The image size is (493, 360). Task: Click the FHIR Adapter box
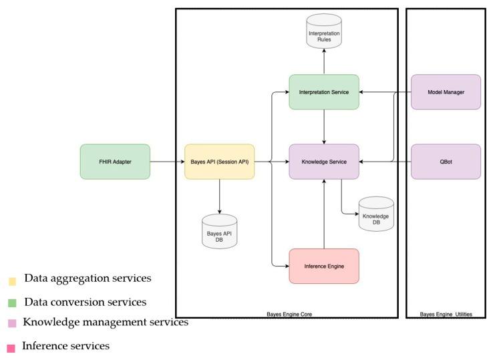115,162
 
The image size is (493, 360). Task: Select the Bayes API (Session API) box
220,162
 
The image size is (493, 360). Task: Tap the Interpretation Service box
324,92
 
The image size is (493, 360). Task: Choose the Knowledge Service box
324,162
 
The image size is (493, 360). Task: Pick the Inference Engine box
324,266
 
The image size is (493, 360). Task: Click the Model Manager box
446,92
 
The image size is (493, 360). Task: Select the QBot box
446,162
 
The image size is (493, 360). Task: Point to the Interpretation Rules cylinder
324,31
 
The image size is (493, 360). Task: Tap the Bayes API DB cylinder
220,231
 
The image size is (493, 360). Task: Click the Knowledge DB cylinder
376,214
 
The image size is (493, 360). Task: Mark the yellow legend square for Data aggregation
12,281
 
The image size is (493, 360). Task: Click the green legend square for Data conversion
12,303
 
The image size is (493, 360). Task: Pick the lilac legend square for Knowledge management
12,323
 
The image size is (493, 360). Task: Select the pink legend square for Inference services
11,349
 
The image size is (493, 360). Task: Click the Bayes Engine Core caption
289,314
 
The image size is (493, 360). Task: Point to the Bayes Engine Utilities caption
446,314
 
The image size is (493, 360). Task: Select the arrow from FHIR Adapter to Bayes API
167,162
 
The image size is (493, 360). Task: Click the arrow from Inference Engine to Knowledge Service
324,214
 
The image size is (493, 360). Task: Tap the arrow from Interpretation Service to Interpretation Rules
324,61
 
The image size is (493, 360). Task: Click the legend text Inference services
65,346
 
